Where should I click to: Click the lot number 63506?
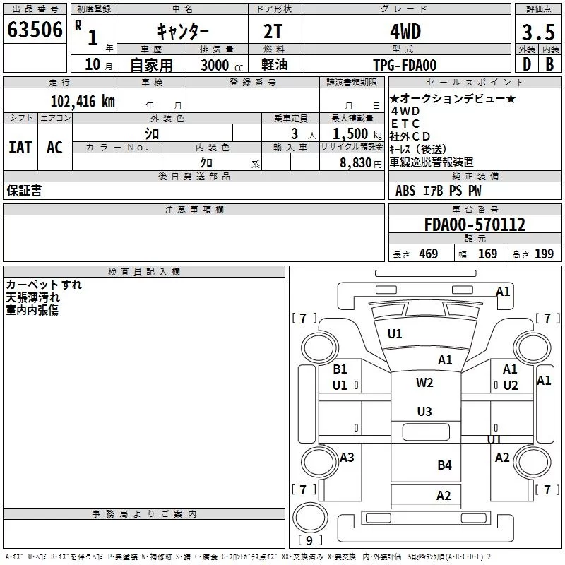click(35, 30)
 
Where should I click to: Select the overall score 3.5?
click(538, 32)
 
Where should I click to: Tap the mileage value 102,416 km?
click(83, 102)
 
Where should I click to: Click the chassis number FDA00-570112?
click(475, 225)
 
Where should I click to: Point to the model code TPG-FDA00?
click(405, 65)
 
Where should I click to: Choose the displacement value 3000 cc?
click(222, 65)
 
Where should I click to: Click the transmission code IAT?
click(20, 148)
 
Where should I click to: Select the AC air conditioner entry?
click(54, 148)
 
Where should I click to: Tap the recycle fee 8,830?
click(356, 162)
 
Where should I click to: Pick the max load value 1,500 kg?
click(357, 134)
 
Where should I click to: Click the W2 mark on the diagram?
click(424, 382)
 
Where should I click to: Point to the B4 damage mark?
click(444, 465)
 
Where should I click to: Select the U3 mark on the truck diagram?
click(424, 411)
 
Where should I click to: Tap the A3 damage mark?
click(347, 458)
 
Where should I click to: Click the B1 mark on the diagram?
click(340, 369)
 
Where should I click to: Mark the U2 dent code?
click(511, 386)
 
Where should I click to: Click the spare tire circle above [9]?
click(311, 517)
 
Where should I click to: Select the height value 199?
click(544, 254)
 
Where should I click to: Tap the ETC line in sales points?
click(405, 124)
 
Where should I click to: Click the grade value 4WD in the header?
click(405, 32)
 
